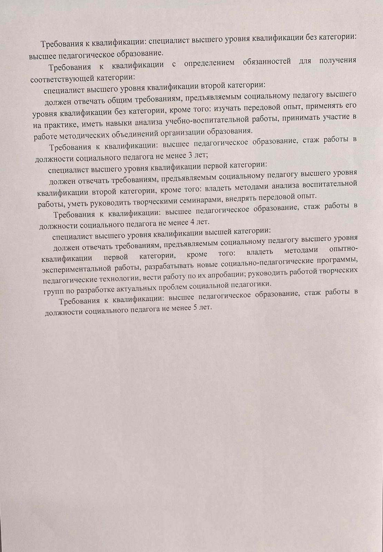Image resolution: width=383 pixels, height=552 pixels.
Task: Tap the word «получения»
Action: [x=337, y=61]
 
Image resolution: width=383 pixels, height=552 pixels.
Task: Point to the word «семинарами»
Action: [x=204, y=199]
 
